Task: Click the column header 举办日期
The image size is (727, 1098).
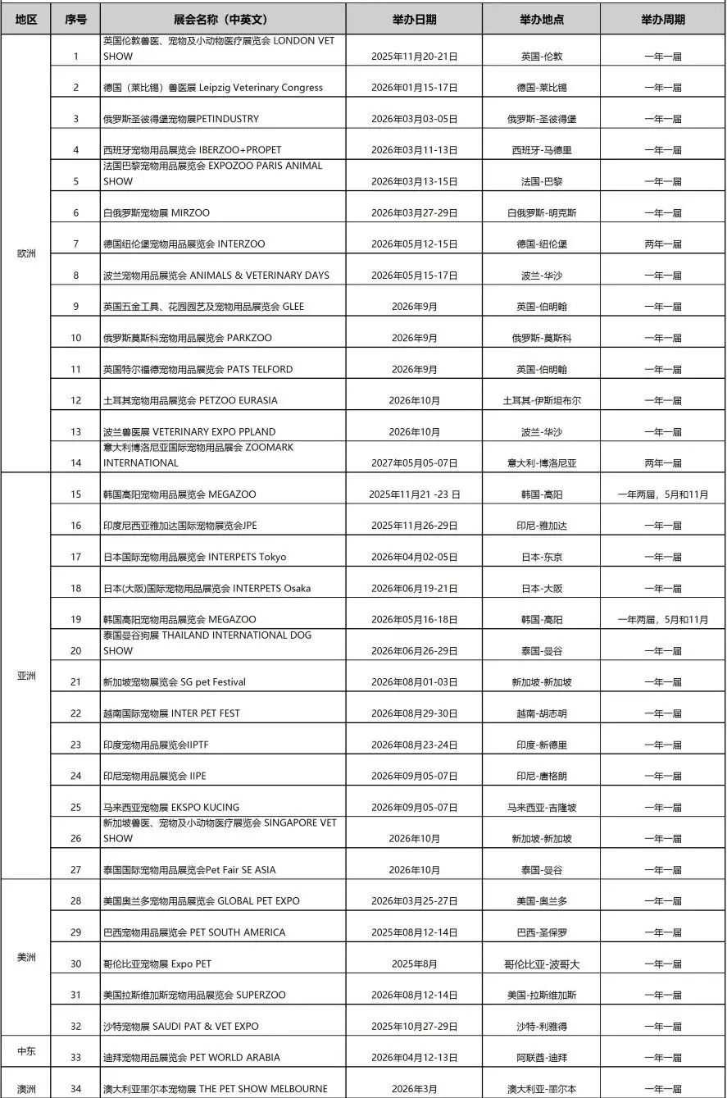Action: pos(414,19)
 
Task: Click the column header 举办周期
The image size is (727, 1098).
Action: pos(662,19)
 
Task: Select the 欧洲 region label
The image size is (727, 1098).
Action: pos(26,253)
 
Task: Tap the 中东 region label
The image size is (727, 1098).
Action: pos(26,1050)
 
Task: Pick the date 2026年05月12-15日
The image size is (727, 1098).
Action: pos(414,244)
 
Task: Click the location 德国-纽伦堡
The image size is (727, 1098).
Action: pos(541,244)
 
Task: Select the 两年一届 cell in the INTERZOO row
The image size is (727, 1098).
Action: pos(662,244)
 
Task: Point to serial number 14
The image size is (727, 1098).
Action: pos(76,463)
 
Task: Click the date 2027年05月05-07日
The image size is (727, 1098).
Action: pos(414,463)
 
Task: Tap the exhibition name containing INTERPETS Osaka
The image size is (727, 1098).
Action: pos(207,589)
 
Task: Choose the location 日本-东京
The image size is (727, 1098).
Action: pos(541,558)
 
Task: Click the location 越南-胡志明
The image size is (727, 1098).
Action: pos(541,714)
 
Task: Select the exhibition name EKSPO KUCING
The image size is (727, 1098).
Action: pos(171,808)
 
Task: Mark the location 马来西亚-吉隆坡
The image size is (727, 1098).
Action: pos(541,808)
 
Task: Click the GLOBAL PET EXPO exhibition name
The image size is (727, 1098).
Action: pos(201,901)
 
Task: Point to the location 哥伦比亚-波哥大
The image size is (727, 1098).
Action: pos(541,964)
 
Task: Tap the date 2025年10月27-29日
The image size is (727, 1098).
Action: pos(414,1027)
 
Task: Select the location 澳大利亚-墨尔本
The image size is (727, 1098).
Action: pos(541,1089)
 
